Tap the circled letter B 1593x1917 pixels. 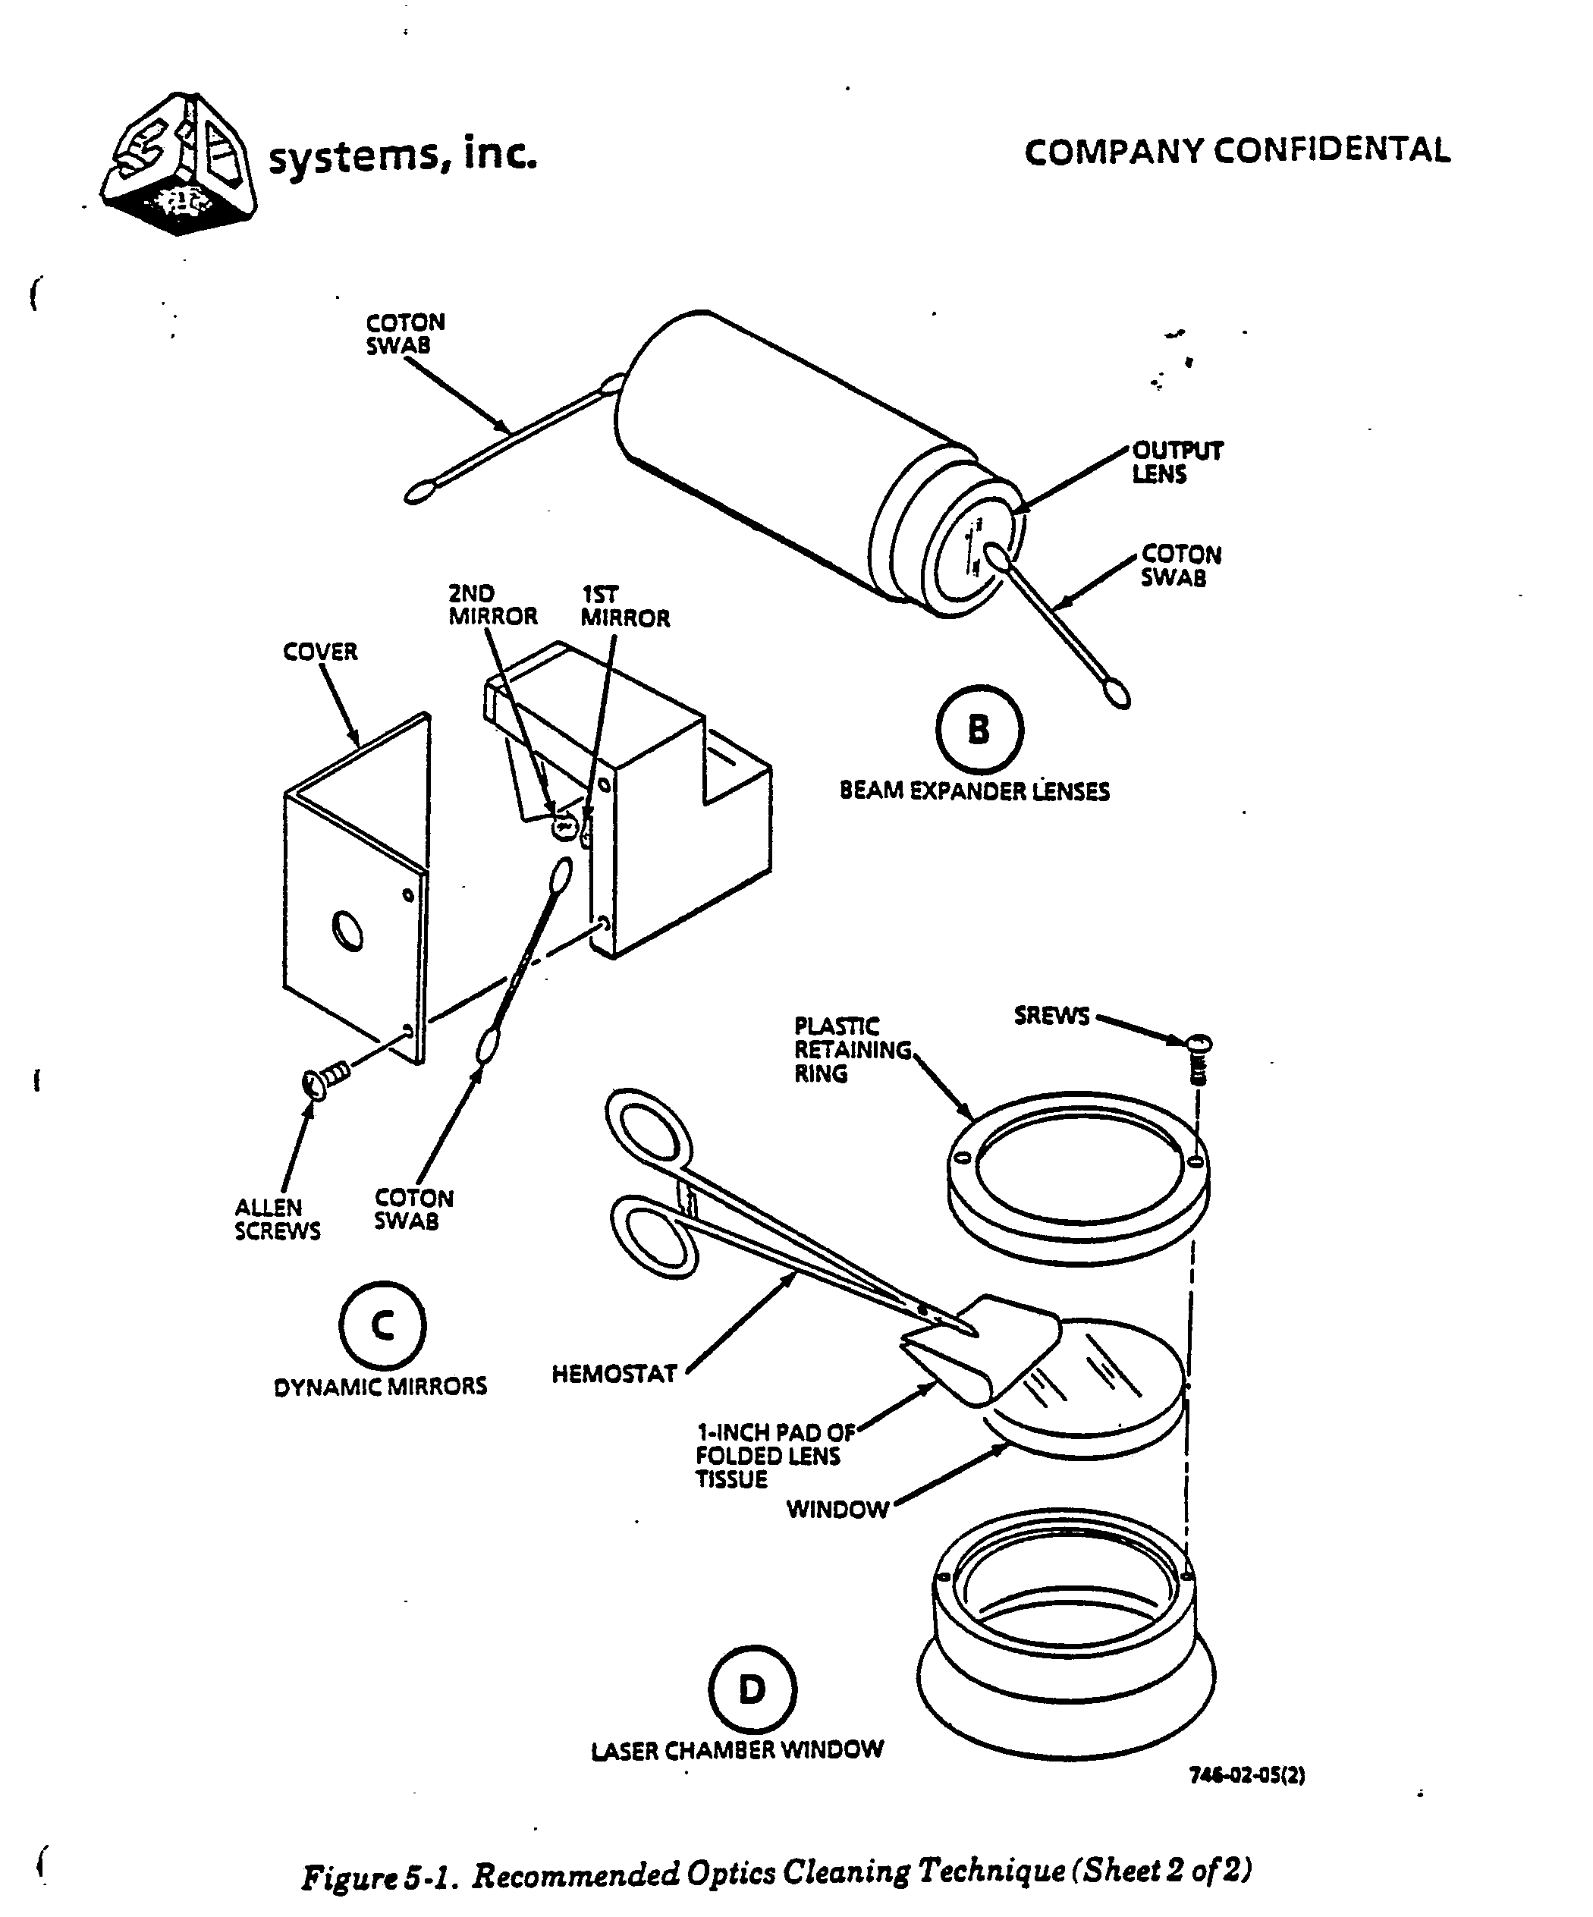[979, 729]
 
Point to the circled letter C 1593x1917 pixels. [382, 1325]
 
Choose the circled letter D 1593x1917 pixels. [751, 1689]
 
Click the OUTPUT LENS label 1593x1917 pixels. [1176, 462]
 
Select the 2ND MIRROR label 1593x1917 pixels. [492, 605]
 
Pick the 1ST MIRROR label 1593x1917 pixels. [624, 606]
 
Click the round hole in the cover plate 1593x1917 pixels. [347, 930]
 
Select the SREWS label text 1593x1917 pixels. [1051, 1016]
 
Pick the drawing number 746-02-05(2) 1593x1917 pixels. [1246, 1775]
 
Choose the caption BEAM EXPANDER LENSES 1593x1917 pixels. [974, 791]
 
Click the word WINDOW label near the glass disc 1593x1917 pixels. [837, 1509]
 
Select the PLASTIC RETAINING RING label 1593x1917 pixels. [851, 1050]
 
